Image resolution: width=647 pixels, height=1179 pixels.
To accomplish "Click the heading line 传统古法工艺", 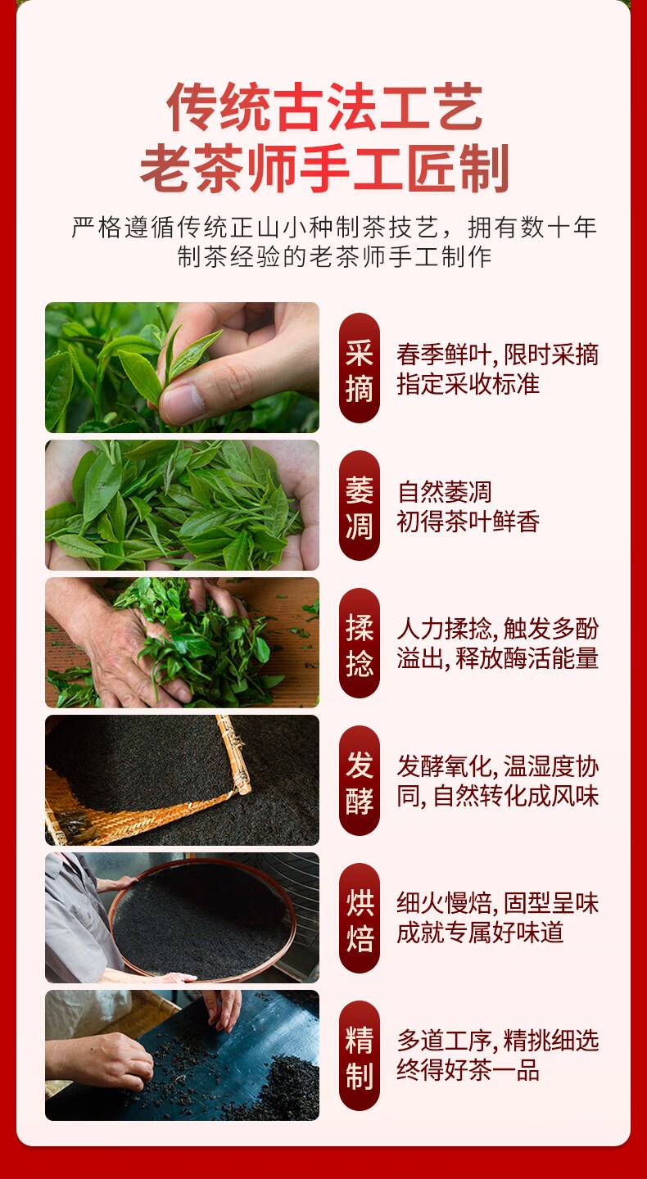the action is point(324,106).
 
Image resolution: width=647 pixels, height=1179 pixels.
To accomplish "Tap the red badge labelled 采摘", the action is point(359,368).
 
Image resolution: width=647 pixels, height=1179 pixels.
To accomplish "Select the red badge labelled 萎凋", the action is point(359,505).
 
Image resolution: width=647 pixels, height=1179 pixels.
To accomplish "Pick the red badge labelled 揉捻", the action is point(359,643).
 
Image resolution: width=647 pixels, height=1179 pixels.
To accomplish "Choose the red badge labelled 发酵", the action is point(359,780).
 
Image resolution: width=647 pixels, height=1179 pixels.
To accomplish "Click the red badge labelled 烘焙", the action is point(359,918).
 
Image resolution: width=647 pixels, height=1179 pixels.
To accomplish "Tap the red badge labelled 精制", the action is point(359,1055).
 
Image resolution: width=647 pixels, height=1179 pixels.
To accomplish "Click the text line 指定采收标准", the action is point(468,384).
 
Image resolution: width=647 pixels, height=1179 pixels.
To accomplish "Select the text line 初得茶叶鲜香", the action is point(468,522).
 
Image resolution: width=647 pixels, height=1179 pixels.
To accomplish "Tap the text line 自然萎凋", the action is point(445,492).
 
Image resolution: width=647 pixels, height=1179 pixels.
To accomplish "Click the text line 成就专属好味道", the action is point(480,933).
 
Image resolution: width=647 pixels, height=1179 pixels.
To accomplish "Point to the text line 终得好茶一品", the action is point(468,1070).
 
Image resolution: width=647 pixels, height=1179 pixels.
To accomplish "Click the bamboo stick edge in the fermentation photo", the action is point(233,754).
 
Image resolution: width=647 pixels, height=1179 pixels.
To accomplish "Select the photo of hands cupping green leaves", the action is point(182,505).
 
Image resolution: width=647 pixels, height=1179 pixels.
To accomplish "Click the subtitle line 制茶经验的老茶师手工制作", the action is point(334,256).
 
